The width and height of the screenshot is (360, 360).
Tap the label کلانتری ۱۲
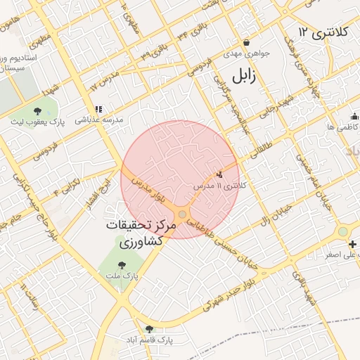[x=321, y=32]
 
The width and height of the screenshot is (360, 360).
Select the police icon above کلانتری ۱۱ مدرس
[x=219, y=174]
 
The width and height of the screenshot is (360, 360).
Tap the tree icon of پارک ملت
[x=123, y=265]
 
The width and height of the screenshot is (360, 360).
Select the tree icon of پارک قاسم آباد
[x=148, y=328]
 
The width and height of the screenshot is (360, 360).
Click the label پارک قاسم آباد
[x=150, y=340]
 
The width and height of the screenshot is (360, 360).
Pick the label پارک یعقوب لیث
[x=37, y=122]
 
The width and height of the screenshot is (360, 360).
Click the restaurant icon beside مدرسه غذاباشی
[x=98, y=109]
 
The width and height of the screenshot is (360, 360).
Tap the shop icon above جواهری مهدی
[x=246, y=42]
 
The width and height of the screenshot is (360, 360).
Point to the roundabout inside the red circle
[x=183, y=214]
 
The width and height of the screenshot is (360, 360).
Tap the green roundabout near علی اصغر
[x=342, y=231]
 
